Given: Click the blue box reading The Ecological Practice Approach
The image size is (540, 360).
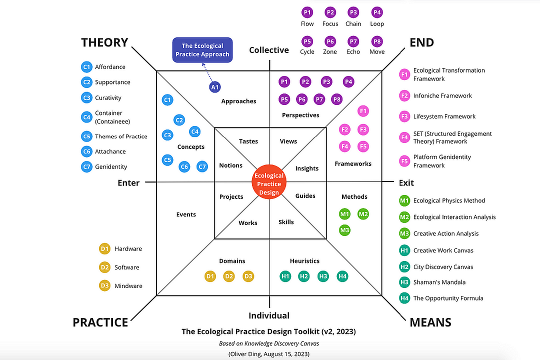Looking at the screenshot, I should click(x=202, y=50).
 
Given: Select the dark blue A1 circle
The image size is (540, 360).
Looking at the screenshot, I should click(x=215, y=87).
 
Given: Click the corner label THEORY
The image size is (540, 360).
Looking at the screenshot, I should click(x=104, y=43).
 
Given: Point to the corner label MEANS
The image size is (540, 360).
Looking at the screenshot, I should click(x=430, y=322).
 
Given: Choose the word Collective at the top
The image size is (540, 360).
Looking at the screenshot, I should click(x=269, y=50).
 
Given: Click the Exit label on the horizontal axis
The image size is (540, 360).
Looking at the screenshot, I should click(x=406, y=183).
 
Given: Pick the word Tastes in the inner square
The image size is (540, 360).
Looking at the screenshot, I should click(x=248, y=141).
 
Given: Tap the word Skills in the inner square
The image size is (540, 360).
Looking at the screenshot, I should click(x=286, y=222).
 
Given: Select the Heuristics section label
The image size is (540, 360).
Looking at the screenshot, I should click(x=304, y=261).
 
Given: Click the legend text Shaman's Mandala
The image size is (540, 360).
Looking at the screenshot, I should click(x=439, y=282).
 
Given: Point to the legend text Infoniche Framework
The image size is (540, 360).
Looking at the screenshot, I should click(x=442, y=95).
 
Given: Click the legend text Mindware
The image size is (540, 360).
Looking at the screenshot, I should click(x=128, y=286).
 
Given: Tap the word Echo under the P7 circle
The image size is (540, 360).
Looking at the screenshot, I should click(x=353, y=52).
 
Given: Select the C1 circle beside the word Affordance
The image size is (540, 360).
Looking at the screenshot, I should click(x=86, y=67).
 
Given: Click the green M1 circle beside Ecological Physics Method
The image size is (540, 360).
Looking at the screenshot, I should click(x=404, y=200).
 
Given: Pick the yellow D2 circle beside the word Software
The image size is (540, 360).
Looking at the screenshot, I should click(x=104, y=267).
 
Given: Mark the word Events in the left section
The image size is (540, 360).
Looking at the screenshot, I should click(x=186, y=214).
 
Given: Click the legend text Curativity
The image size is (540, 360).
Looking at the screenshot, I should click(x=108, y=98).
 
